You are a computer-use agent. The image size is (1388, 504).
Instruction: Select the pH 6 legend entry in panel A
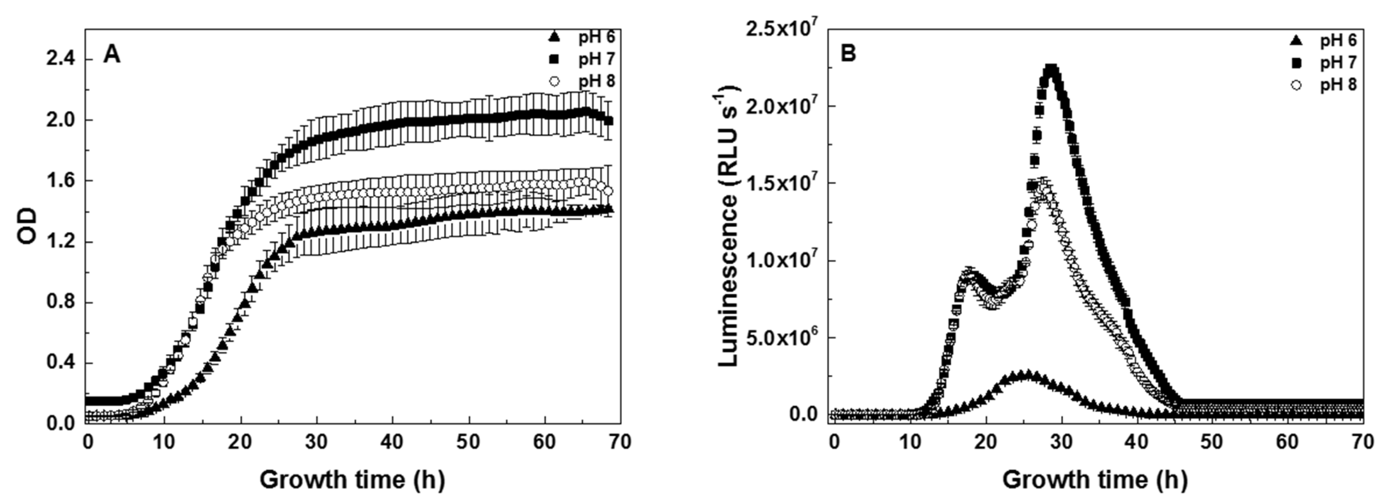(581, 37)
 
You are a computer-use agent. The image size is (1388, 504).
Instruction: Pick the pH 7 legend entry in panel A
(581, 59)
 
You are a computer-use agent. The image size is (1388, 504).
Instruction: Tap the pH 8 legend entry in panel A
(581, 81)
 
